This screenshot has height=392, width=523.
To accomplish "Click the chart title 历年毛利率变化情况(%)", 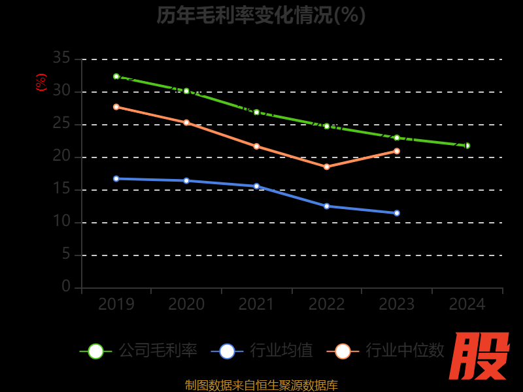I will tap(261, 15).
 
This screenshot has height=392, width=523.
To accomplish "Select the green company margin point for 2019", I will tap(116, 76).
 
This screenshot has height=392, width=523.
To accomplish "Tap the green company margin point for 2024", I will tap(467, 146).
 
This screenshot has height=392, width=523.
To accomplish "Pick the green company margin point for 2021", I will tap(256, 112).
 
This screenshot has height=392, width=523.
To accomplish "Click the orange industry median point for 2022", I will tap(327, 167).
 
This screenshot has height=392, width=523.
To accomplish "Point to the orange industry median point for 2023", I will tap(397, 151).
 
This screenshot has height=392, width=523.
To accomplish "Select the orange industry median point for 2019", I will tap(116, 106).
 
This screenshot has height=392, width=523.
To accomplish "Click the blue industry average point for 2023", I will tap(397, 213).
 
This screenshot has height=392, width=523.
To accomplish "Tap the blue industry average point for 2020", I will tap(186, 180).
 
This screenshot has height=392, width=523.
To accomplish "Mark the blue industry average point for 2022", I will tap(327, 206).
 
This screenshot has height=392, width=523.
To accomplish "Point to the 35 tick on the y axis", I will tap(61, 59).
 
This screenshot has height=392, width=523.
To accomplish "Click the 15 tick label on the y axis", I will tap(61, 189).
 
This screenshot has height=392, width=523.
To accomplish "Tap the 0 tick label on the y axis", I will tap(66, 287).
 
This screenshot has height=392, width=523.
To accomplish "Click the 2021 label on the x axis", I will tap(256, 304).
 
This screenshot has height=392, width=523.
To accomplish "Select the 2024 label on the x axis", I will tap(467, 304).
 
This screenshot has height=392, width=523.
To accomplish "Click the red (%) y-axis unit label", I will tap(41, 82).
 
